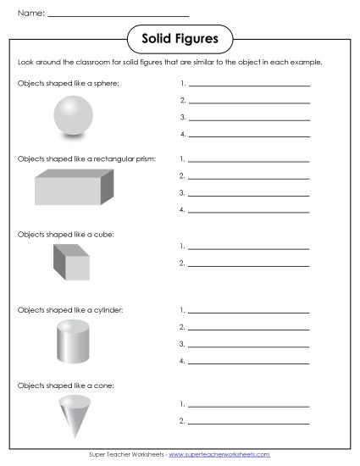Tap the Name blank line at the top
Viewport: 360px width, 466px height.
119,15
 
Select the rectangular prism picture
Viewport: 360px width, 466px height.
74,187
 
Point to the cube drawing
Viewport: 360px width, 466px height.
71,263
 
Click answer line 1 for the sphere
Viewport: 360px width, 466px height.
249,85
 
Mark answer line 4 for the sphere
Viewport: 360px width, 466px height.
249,135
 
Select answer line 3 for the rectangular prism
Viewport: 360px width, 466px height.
249,194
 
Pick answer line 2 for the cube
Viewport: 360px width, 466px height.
249,264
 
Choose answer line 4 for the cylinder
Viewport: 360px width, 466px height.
249,362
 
